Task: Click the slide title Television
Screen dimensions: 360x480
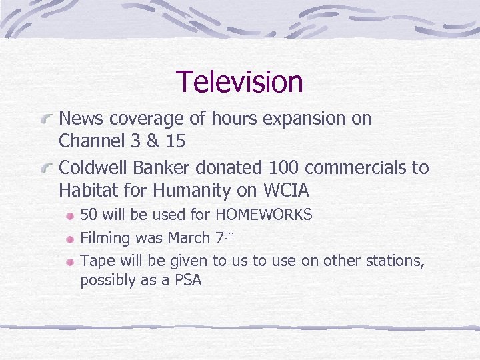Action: pyautogui.click(x=239, y=82)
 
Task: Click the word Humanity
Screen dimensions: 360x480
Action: pyautogui.click(x=192, y=191)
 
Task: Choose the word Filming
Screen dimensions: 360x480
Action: pyautogui.click(x=105, y=238)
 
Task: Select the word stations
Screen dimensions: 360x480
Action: pyautogui.click(x=394, y=260)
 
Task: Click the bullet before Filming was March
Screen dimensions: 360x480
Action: pyautogui.click(x=69, y=239)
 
